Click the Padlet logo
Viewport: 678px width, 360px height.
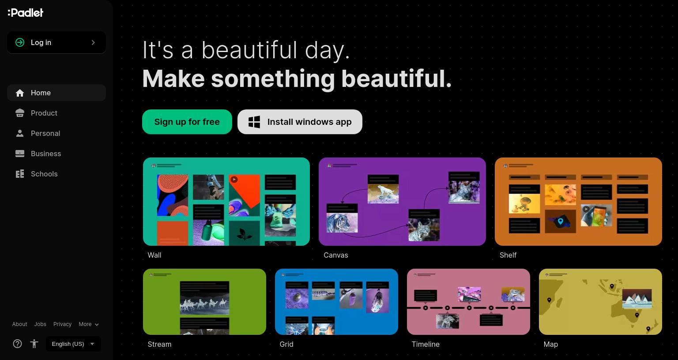coord(26,13)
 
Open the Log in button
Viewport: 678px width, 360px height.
coord(56,43)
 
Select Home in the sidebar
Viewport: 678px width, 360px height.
coord(56,93)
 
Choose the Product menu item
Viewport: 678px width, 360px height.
coord(56,113)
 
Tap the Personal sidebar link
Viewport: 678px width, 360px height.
coord(56,133)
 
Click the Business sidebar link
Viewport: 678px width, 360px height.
coord(56,154)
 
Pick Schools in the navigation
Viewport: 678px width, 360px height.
coord(56,174)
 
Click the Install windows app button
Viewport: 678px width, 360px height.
coord(300,122)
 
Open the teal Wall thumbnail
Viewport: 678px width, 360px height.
coord(226,202)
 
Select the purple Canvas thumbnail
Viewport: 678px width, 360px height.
coord(402,202)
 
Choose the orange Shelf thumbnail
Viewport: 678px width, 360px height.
coord(578,202)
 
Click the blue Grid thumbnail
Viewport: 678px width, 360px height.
coord(336,302)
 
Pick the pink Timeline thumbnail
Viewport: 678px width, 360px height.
coord(468,302)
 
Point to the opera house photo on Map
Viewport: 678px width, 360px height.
coord(637,299)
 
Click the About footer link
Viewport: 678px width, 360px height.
coord(20,324)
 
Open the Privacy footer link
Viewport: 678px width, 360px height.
coord(62,324)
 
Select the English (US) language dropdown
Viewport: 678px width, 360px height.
coord(73,344)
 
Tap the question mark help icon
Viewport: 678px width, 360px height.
coord(17,344)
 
